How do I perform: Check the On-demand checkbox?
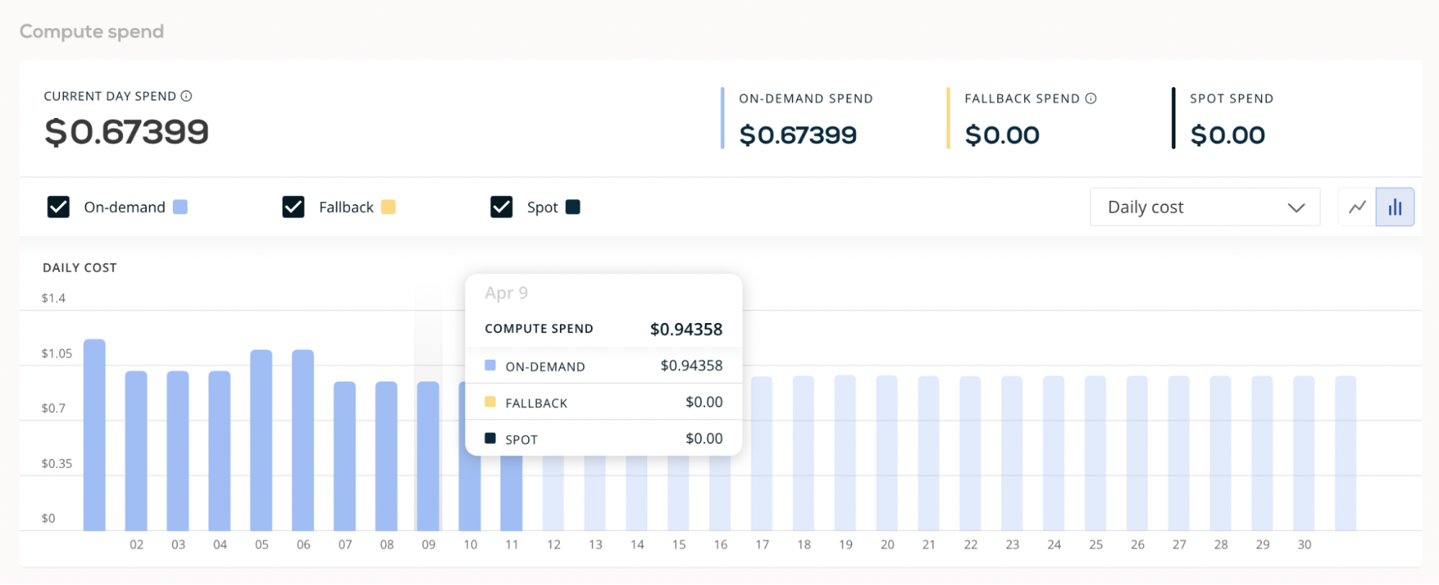point(58,207)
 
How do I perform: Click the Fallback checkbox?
point(293,207)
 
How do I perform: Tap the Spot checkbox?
point(501,207)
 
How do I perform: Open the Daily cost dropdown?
point(1204,207)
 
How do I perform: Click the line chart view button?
point(1357,207)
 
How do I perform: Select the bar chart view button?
point(1395,207)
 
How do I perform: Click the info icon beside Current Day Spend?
point(186,96)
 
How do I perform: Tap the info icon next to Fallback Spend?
point(1091,99)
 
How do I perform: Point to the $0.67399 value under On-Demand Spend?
point(798,135)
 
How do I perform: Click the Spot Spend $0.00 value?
point(1227,135)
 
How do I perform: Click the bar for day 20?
point(887,453)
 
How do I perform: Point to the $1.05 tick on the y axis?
point(57,353)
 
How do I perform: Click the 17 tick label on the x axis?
point(762,545)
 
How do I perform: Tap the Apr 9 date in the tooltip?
point(506,293)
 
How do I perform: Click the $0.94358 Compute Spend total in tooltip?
point(686,329)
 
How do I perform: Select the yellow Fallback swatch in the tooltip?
point(490,402)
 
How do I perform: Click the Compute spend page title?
point(91,32)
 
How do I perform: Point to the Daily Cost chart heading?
point(79,268)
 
